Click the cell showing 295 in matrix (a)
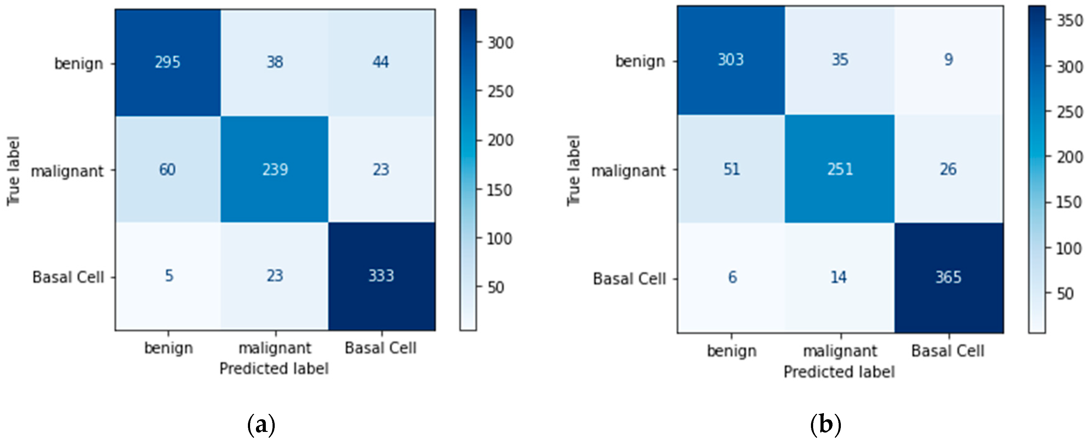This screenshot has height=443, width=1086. pos(167,62)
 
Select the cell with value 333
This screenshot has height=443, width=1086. pos(381,276)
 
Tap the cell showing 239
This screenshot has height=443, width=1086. pos(275,170)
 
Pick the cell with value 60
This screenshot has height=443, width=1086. pos(167,170)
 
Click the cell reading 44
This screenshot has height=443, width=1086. pos(380,62)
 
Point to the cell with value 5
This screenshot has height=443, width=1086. pos(169,276)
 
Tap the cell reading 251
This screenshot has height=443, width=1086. pos(840,169)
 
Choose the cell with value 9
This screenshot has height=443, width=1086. pos(948,59)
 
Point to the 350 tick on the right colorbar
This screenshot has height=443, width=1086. pos(1069,20)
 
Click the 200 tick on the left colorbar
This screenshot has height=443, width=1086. pos(500,140)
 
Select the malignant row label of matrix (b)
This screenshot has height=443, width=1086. pos(628,171)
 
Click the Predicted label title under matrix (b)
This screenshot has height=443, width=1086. pos(839,372)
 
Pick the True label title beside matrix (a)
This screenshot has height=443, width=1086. pos(14,171)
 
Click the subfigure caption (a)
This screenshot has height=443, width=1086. pos(261,425)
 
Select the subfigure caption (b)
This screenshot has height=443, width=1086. pos(825,425)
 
